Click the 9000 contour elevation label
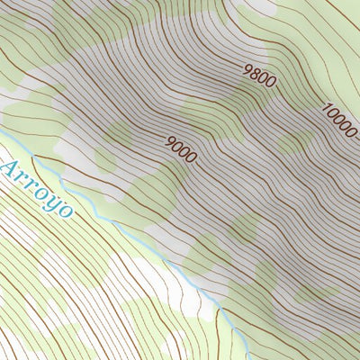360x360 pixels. pyautogui.click(x=181, y=149)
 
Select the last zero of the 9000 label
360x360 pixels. pyautogui.click(x=191, y=158)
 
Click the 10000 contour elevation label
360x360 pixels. pyautogui.click(x=339, y=121)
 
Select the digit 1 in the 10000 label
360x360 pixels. pyautogui.click(x=326, y=107)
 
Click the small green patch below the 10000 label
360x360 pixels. pyautogui.click(x=292, y=144)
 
